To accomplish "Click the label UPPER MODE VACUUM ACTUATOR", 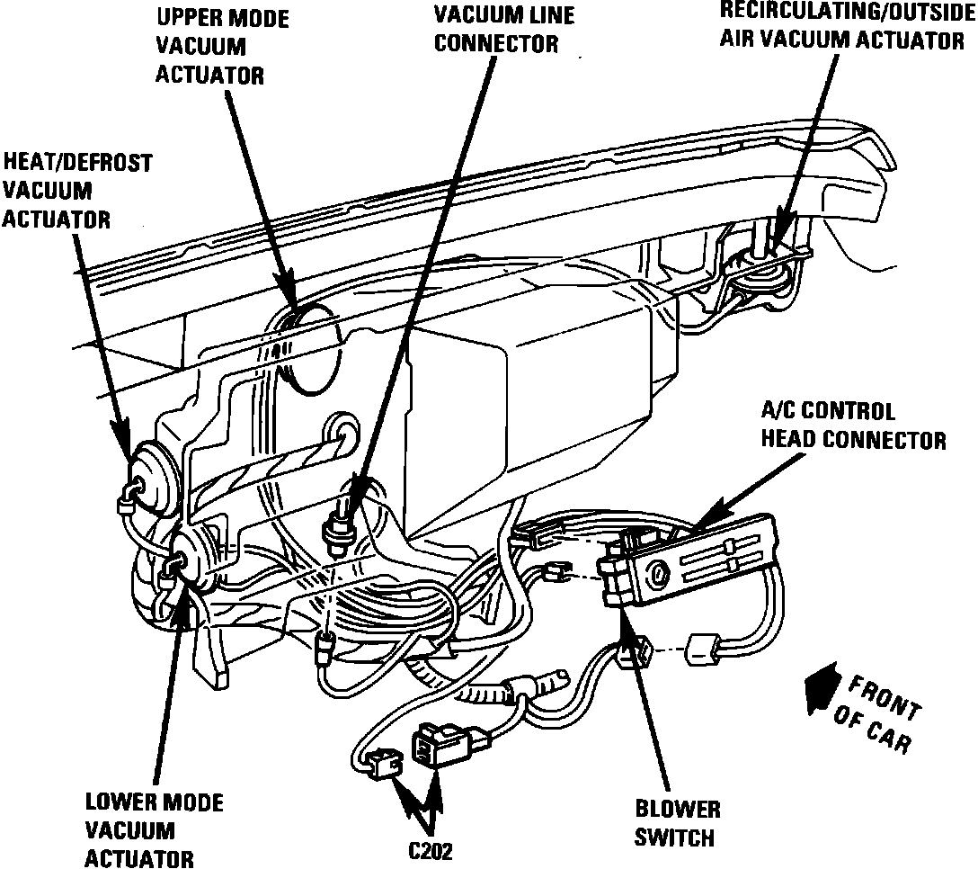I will coord(210,45).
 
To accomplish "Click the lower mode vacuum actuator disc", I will coord(191,563).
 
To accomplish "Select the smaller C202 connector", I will coord(386,765).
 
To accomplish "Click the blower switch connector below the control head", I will coord(641,652).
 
